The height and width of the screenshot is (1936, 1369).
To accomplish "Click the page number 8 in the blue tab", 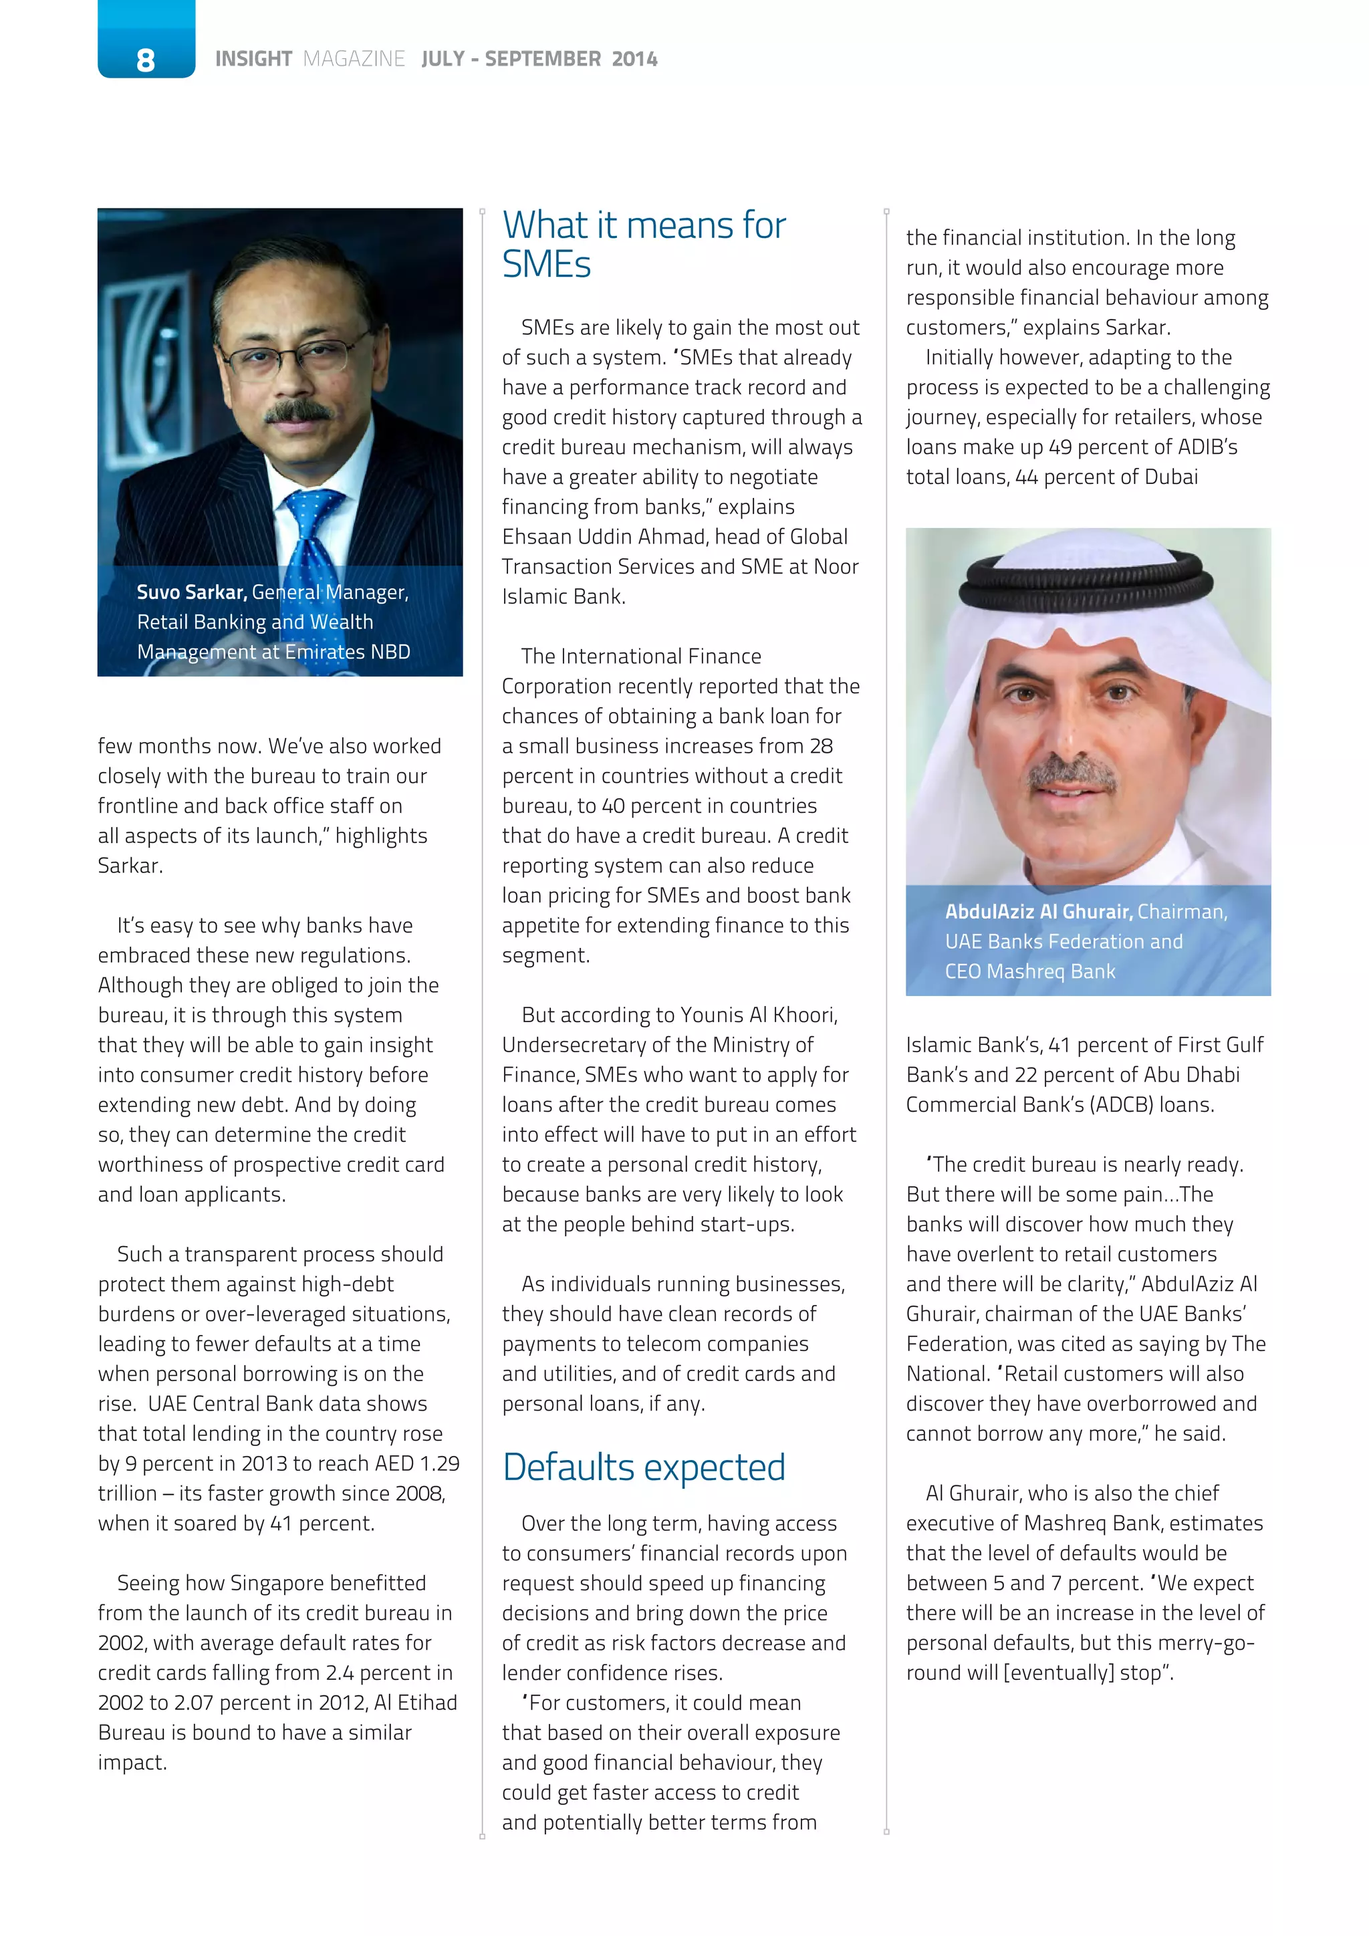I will pos(145,59).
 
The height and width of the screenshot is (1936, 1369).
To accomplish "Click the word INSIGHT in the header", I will pos(253,59).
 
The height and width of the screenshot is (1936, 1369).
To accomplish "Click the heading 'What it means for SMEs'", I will pos(643,245).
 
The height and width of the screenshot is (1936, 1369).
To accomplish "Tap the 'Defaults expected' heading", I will pos(643,1467).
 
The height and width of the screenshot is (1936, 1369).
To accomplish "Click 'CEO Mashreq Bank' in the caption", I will pos(1029,971).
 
